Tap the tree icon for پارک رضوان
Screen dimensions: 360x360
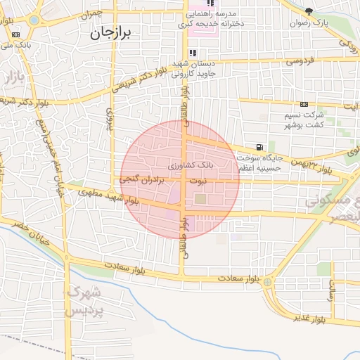click(x=309, y=11)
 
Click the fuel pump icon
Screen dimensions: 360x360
click(x=260, y=147)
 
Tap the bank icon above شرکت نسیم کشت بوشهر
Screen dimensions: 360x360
click(x=304, y=104)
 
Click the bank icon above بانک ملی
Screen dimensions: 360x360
click(x=15, y=34)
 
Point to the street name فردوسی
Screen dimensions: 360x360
click(x=298, y=62)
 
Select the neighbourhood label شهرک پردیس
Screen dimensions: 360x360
click(x=85, y=300)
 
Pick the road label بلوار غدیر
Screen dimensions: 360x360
click(x=309, y=319)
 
